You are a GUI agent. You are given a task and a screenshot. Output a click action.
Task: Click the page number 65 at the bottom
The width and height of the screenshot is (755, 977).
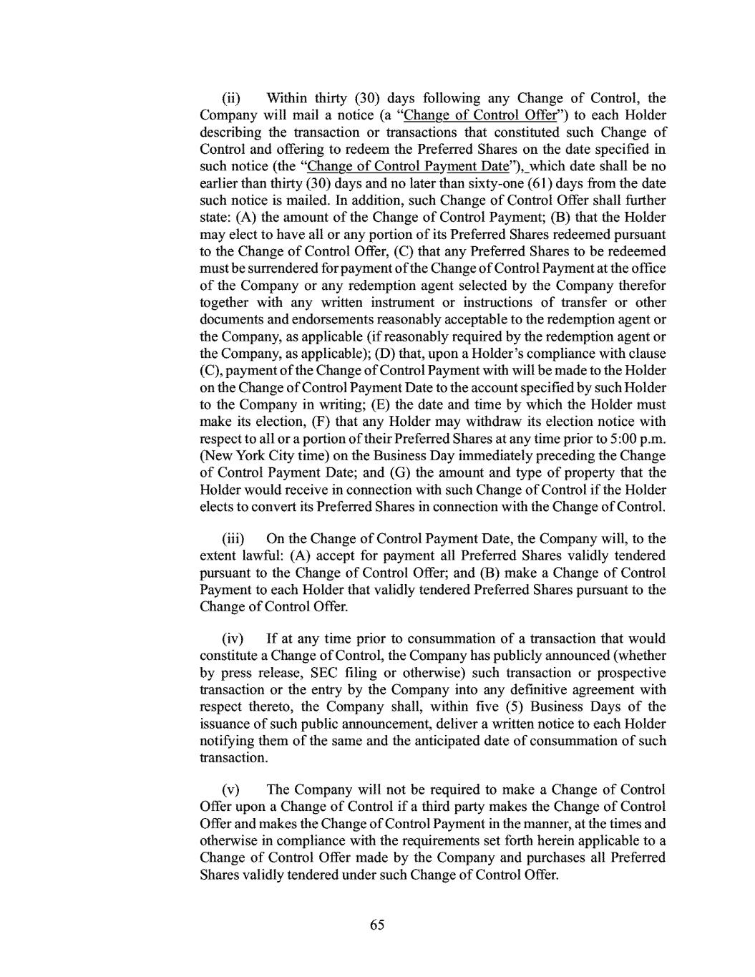(377, 925)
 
